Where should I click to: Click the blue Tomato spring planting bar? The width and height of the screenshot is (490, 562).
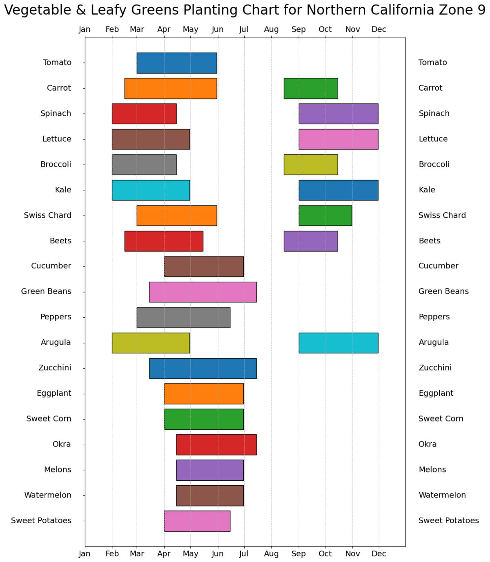point(176,63)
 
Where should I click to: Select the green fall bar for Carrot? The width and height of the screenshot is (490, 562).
point(311,88)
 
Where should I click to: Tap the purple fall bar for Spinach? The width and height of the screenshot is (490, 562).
point(338,114)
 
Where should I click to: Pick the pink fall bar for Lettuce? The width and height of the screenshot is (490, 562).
point(338,139)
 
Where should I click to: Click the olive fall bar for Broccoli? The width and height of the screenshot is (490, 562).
point(311,165)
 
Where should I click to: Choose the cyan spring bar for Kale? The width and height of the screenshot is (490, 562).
point(151,190)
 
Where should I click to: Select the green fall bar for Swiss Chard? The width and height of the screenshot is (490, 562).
point(325,216)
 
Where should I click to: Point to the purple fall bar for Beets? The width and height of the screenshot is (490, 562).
point(311,241)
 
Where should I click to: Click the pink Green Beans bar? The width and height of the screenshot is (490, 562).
point(203,292)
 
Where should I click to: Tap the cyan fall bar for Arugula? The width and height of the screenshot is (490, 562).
point(338,343)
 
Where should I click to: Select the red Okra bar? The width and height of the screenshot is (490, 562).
point(216,444)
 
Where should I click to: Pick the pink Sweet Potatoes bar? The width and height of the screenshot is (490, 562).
point(197,521)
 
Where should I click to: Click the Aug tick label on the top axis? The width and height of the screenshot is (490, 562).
point(271,29)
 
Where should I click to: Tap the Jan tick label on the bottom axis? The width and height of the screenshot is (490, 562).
point(85,554)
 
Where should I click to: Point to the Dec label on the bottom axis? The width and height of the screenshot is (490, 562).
point(379,554)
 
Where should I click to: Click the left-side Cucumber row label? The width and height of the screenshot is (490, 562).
point(51,266)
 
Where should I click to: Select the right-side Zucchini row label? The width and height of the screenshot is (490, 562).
point(435,368)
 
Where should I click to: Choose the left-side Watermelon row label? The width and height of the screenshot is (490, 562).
point(48,495)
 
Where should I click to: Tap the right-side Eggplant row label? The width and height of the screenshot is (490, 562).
point(436,393)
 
